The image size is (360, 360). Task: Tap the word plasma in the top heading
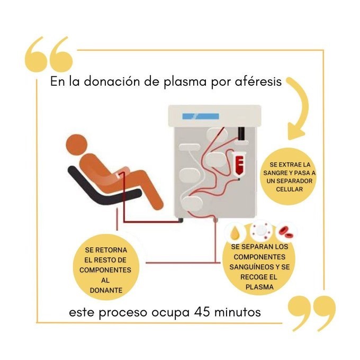click(x=185, y=82)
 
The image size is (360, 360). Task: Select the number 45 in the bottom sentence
click(x=202, y=312)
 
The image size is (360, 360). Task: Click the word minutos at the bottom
click(x=237, y=312)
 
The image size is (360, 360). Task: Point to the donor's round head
click(x=76, y=145)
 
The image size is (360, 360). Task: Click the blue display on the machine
click(x=201, y=116)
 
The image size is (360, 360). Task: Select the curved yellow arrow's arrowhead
click(x=295, y=131)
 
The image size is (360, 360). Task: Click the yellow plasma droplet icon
click(x=235, y=233)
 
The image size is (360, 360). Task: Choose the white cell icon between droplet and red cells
click(x=260, y=230)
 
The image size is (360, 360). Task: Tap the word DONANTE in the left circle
click(x=106, y=291)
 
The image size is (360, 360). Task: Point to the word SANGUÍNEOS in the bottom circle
click(x=248, y=267)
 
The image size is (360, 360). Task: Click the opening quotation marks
click(x=49, y=54)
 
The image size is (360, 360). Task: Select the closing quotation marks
click(x=311, y=313)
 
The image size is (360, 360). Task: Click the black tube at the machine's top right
click(x=241, y=133)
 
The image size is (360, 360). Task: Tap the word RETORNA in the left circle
click(x=111, y=250)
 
